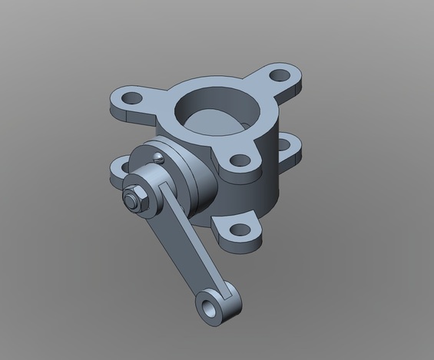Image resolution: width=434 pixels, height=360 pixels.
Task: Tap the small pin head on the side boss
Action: pyautogui.click(x=157, y=157)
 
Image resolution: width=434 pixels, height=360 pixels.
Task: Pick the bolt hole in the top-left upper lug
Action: pyautogui.click(x=131, y=98)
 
